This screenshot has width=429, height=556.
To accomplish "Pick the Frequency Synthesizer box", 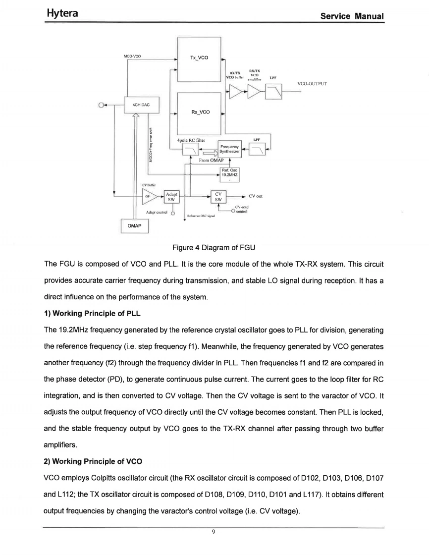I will click(x=229, y=149).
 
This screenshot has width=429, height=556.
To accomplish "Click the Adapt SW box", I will click(x=172, y=196).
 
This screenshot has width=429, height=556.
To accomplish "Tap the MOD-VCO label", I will click(x=132, y=56).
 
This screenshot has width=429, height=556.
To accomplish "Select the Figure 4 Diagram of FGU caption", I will click(x=214, y=247).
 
